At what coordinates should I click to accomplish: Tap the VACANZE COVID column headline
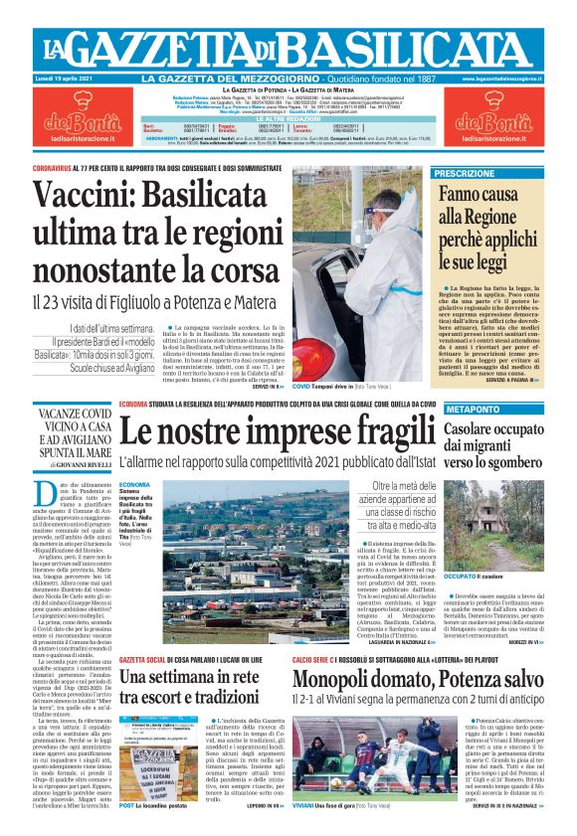[x=75, y=431]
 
